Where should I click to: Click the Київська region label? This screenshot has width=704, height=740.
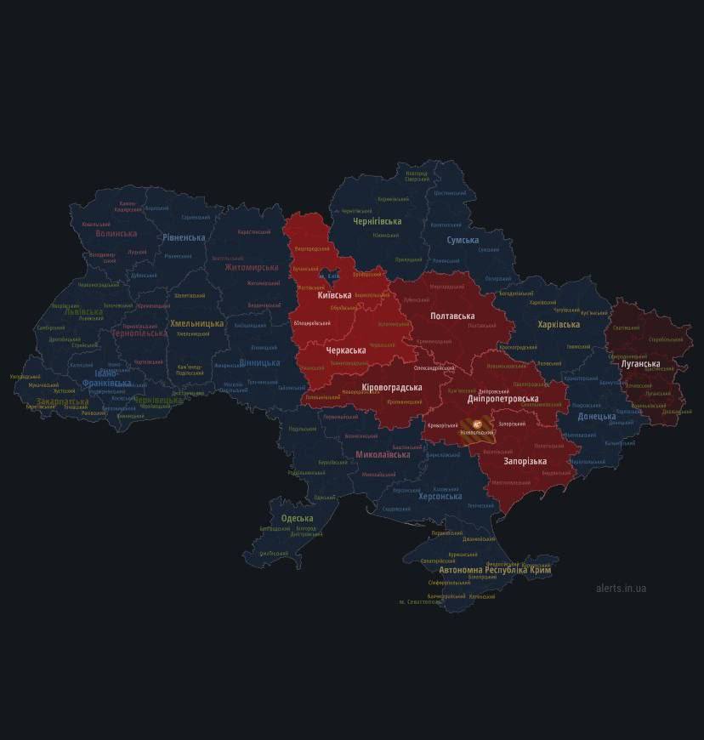[x=335, y=294]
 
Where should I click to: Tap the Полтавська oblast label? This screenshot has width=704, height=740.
[x=452, y=316]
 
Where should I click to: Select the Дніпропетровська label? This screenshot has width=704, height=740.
[x=502, y=398]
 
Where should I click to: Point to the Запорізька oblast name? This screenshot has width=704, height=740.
[x=525, y=461]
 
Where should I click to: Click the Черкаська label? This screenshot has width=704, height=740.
[x=346, y=350]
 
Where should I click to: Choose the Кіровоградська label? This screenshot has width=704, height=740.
[x=392, y=387]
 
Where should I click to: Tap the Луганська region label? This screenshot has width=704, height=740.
[x=640, y=364]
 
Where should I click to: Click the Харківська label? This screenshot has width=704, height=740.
[x=559, y=324]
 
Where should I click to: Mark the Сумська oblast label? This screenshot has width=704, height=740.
[x=463, y=240]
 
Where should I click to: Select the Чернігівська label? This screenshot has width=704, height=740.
[x=378, y=221]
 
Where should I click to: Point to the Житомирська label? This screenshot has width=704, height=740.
[x=252, y=267]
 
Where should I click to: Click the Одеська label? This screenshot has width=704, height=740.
[x=297, y=518]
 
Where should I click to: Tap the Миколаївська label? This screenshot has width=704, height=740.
[x=383, y=454]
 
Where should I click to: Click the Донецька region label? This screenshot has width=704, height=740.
[x=597, y=417]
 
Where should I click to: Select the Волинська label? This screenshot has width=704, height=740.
[x=116, y=233]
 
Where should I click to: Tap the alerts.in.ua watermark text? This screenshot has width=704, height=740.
[x=621, y=588]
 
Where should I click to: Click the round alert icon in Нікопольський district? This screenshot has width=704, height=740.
[x=477, y=423]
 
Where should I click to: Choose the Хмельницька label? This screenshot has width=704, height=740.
[x=196, y=323]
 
